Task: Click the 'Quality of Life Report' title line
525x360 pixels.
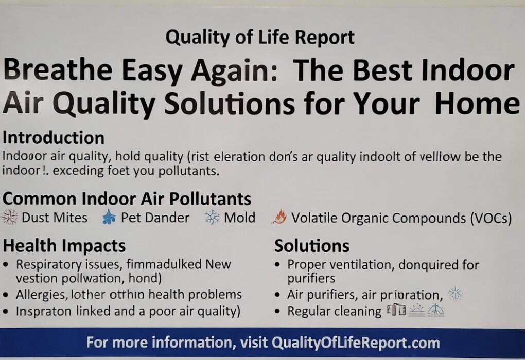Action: tap(260, 38)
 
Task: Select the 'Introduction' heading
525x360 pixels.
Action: tap(54, 138)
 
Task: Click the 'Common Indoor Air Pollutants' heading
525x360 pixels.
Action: tap(127, 199)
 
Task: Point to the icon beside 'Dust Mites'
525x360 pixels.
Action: tap(10, 218)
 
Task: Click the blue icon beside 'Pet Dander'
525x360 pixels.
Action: tap(109, 218)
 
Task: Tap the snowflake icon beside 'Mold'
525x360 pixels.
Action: tap(212, 218)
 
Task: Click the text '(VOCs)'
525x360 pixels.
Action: tap(491, 218)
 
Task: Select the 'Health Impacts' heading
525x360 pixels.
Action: tap(64, 246)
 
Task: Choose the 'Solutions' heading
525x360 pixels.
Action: tap(312, 246)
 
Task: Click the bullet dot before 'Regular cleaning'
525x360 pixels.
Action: tap(278, 312)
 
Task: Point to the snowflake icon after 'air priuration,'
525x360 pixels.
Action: tap(455, 294)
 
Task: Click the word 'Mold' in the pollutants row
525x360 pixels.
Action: tap(239, 218)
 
